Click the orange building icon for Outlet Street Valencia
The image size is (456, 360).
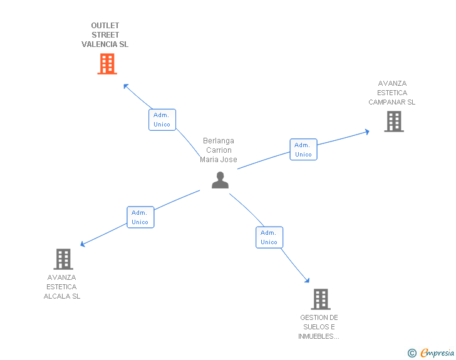coord(107,64)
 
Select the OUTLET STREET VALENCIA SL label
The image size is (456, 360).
coord(105,35)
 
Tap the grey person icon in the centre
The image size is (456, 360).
coord(220,180)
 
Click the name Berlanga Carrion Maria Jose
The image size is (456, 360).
coord(219,150)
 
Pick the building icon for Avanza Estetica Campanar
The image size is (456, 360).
coord(393,121)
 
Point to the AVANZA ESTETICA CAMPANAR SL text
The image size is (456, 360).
coord(392,93)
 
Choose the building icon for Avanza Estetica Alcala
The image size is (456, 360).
coord(63,259)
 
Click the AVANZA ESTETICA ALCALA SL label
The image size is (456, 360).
coord(62,287)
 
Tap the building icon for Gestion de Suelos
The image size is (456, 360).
coord(320,299)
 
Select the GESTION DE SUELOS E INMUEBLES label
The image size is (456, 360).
coord(319,327)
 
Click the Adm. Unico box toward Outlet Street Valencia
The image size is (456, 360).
coord(162,120)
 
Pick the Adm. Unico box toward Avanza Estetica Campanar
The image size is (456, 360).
coord(303,150)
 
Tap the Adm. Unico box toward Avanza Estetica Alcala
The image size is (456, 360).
coord(140,217)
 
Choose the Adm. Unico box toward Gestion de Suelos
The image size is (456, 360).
coord(269,237)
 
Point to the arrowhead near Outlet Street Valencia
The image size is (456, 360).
coord(126,86)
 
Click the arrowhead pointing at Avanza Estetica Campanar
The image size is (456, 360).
coord(366,131)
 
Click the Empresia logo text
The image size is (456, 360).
coord(437,352)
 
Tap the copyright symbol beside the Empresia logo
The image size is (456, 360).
coord(412,353)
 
